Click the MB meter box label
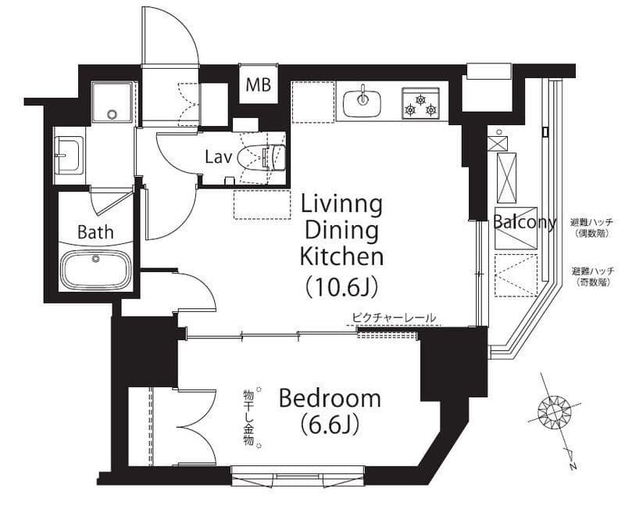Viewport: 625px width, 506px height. pos(259,84)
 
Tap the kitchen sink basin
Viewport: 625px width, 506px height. pos(362,103)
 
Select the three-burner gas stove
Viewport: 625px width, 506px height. pos(420,103)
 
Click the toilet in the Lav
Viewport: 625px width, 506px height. pos(262,158)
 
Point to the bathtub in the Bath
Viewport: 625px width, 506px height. pos(95,269)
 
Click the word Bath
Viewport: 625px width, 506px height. pos(95,231)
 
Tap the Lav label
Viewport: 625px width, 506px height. pos(218,157)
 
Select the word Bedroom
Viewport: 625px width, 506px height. pos(330,398)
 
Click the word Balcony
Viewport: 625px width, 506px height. pos(524,222)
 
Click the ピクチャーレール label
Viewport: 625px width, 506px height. pos(394,318)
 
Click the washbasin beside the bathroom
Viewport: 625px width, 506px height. pos(69,155)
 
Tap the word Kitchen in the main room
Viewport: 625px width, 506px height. pos(341,257)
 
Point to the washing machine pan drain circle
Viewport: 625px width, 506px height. pos(112,114)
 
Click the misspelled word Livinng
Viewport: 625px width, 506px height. pos(341,205)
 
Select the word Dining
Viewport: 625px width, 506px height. pos(341,231)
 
